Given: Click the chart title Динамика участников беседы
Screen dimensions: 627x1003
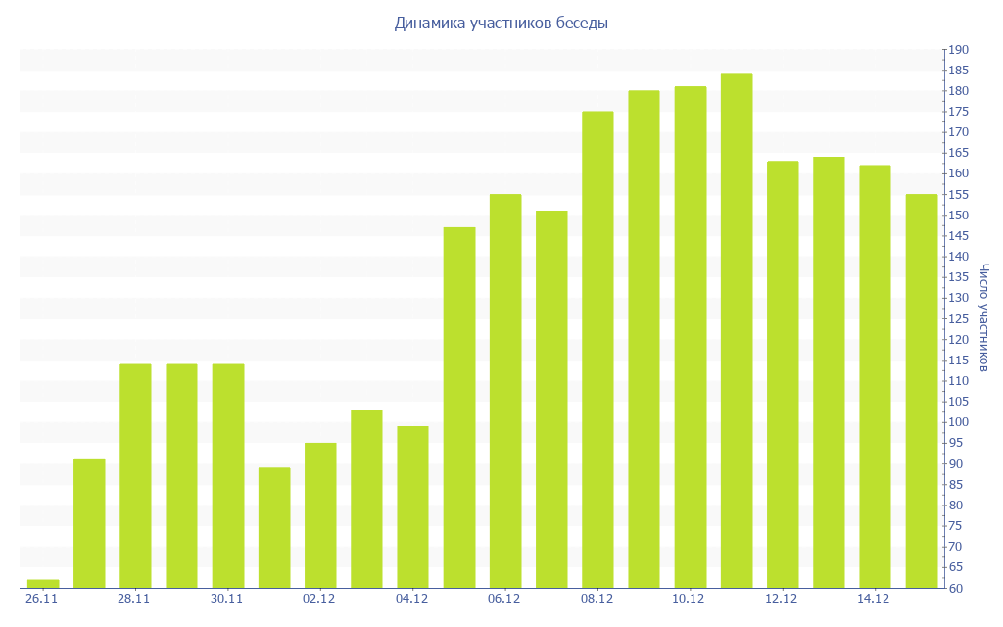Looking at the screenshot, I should pyautogui.click(x=501, y=24).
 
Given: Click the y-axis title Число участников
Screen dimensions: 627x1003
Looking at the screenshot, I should pyautogui.click(x=984, y=317).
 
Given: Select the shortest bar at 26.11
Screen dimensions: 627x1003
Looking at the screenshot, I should pyautogui.click(x=43, y=584).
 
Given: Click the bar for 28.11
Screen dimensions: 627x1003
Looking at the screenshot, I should pyautogui.click(x=135, y=476).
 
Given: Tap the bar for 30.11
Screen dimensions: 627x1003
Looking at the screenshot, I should pyautogui.click(x=228, y=476).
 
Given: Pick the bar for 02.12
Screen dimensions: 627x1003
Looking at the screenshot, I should pyautogui.click(x=320, y=515).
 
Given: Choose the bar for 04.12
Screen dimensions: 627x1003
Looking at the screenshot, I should pyautogui.click(x=412, y=507).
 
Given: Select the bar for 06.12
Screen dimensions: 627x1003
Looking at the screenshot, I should pyautogui.click(x=505, y=391).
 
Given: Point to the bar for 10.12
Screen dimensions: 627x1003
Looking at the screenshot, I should pyautogui.click(x=691, y=337).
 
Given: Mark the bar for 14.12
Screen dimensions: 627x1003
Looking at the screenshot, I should pyautogui.click(x=875, y=376).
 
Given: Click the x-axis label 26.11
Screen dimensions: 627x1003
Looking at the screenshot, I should pyautogui.click(x=42, y=599).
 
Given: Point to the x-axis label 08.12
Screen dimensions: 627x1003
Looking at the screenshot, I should pyautogui.click(x=597, y=599).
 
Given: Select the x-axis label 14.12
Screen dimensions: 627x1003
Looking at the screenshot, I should pyautogui.click(x=874, y=599).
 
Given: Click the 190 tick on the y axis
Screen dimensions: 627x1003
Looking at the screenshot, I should pyautogui.click(x=958, y=50).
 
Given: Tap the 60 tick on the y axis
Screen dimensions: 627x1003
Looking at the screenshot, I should pyautogui.click(x=955, y=589).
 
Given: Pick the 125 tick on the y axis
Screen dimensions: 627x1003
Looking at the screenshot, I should pyautogui.click(x=958, y=319).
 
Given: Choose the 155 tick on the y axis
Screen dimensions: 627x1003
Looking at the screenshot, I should pyautogui.click(x=958, y=195).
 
